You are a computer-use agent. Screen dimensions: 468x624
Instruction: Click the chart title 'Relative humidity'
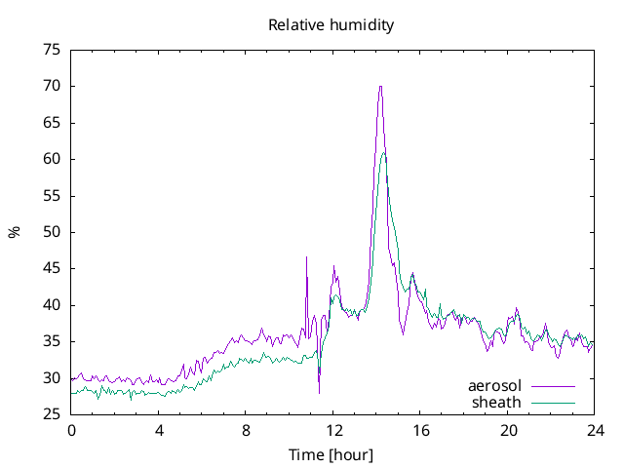coord(331,25)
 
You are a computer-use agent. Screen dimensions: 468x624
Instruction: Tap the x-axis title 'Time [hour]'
coord(331,455)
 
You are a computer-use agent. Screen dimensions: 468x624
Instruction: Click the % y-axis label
coord(15,232)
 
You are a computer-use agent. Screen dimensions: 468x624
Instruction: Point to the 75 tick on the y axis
coord(52,50)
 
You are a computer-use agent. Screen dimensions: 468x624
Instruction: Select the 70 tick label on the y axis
coord(52,86)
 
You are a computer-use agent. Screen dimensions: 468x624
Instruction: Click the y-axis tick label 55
coord(52,196)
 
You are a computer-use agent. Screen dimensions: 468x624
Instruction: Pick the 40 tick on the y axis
coord(52,305)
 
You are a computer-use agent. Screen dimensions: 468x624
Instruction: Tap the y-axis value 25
coord(52,415)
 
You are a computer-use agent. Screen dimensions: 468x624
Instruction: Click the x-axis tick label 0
coord(71,430)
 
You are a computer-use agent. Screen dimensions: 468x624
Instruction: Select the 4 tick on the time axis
coord(159,430)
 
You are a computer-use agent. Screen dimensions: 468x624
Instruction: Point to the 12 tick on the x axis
coord(333,430)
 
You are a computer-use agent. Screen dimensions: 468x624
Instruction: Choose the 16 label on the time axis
coord(420,430)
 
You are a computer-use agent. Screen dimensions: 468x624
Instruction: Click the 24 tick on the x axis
coord(595,430)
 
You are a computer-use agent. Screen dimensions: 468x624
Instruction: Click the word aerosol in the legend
coord(494,386)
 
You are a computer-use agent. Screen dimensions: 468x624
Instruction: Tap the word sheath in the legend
coord(496,402)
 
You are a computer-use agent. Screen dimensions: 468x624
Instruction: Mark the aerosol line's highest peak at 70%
coord(380,86)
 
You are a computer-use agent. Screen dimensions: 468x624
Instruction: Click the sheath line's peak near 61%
coord(384,152)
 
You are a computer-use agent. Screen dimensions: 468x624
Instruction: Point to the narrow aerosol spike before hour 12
coord(306,257)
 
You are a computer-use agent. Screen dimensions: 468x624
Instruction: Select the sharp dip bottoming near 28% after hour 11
coord(319,393)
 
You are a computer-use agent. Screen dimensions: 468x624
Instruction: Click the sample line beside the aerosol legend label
coord(552,386)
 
